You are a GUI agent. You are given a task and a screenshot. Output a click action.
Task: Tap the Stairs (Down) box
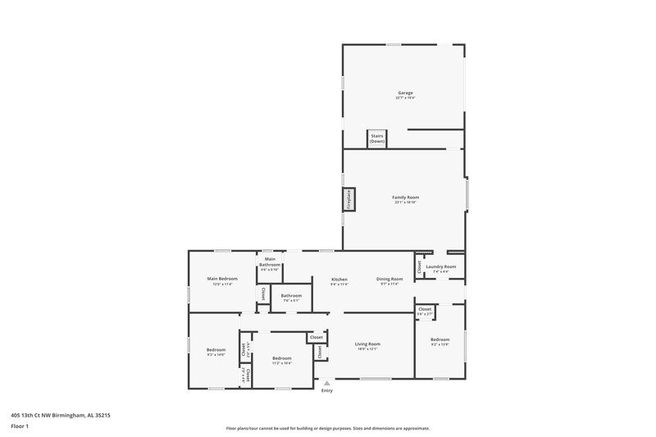tap(376, 139)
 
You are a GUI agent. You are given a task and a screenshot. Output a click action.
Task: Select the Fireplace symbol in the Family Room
tap(348, 200)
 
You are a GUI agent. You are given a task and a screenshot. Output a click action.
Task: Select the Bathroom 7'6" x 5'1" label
tap(291, 297)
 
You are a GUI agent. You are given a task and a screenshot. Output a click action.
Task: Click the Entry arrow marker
tap(327, 382)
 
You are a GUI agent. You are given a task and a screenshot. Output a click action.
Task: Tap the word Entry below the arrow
tap(327, 390)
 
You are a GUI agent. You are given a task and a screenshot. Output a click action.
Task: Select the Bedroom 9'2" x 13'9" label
tap(440, 340)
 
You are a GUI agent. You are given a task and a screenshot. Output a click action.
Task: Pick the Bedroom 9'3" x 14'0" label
tap(216, 352)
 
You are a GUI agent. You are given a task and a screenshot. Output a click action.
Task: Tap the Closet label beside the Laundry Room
tap(420, 266)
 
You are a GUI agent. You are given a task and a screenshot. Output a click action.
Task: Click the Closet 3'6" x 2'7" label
tap(424, 311)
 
